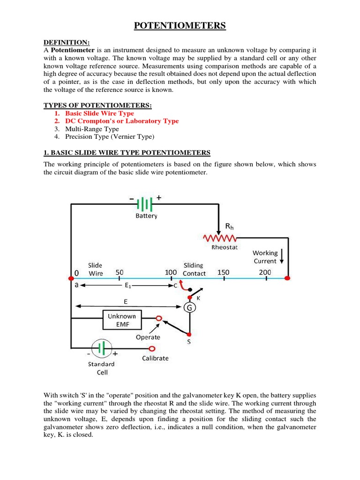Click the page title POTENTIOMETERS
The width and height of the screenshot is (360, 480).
[180, 26]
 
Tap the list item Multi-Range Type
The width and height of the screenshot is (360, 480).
[92, 129]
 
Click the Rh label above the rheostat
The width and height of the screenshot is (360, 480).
[229, 226]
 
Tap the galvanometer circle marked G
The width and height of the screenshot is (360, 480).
[190, 307]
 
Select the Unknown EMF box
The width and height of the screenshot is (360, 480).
[121, 320]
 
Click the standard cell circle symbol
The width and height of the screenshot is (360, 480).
[102, 349]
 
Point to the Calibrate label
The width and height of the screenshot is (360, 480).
[155, 358]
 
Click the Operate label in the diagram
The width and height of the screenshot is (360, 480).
[148, 337]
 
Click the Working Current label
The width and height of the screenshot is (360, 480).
[265, 257]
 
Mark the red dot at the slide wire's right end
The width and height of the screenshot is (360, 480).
[288, 278]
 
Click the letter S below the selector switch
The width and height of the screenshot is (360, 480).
[189, 342]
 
